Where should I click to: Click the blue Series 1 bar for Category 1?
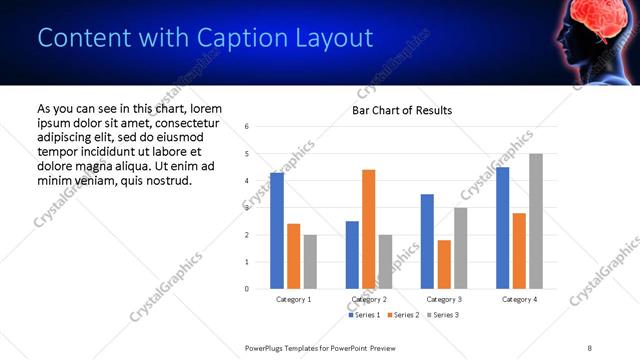tap(277, 231)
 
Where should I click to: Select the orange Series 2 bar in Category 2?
tap(368, 229)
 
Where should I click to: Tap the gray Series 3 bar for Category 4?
tap(536, 221)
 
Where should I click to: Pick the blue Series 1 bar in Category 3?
tap(427, 241)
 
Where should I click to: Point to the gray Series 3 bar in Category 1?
tap(310, 262)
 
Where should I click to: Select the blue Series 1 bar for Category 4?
tap(503, 228)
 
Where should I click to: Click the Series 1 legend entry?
tap(364, 315)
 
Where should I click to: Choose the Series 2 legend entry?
tap(402, 315)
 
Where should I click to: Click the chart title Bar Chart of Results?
tap(402, 110)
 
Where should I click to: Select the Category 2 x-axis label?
tap(369, 299)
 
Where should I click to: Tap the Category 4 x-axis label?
tap(519, 299)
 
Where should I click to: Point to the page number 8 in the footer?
tap(589, 347)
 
